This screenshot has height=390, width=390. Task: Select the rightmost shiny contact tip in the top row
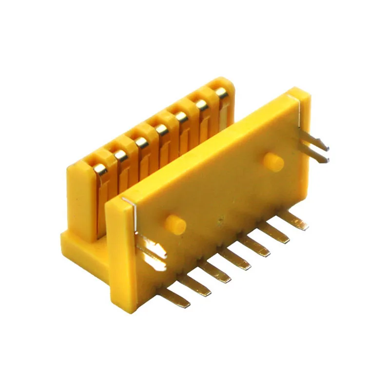[x=221, y=92]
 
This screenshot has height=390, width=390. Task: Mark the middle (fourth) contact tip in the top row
[x=162, y=129]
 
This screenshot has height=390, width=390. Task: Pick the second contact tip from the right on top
[x=201, y=104]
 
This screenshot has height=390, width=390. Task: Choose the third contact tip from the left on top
[x=141, y=142]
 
